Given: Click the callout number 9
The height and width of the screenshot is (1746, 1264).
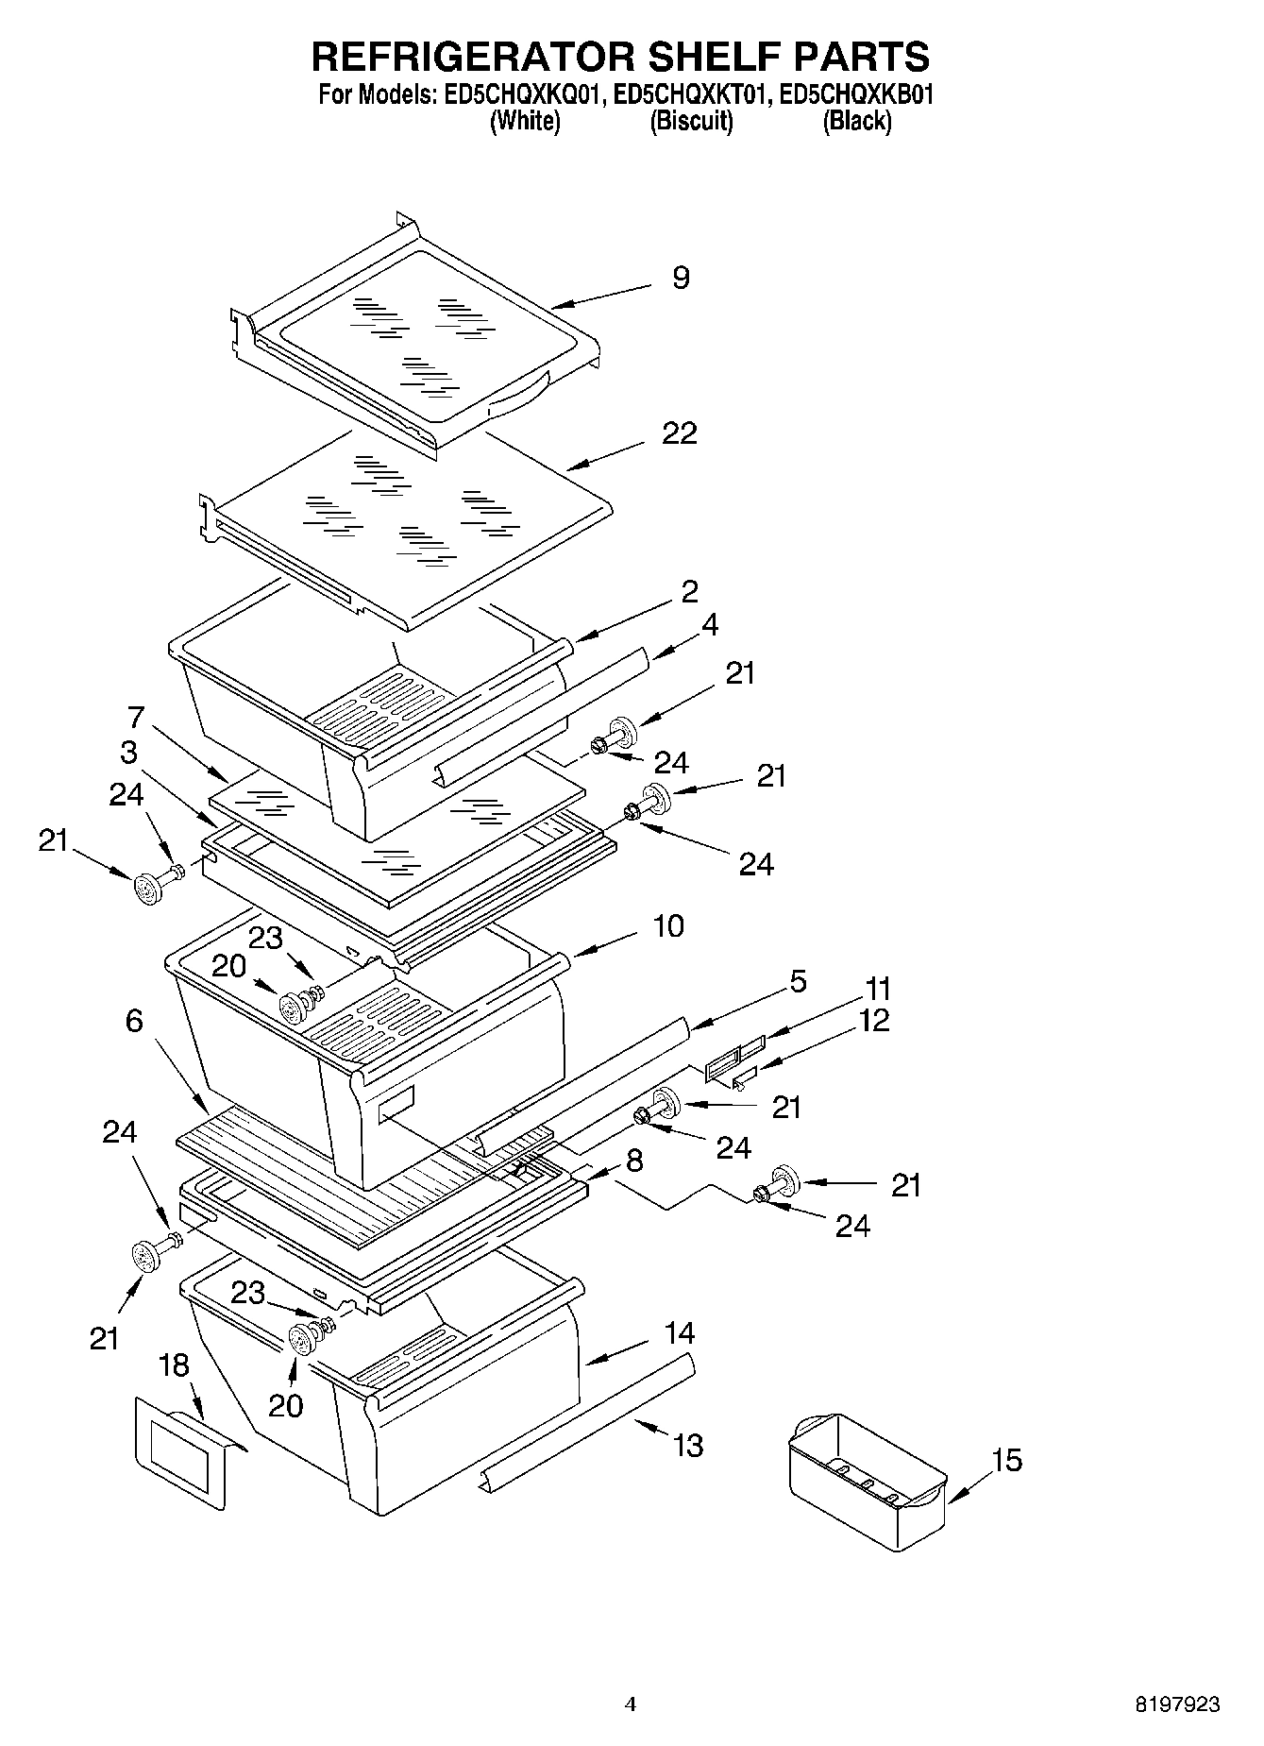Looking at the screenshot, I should [x=681, y=278].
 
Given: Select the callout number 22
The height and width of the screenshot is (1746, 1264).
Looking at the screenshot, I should [x=680, y=433].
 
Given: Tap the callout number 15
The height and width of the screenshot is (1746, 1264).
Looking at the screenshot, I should [x=1006, y=1460].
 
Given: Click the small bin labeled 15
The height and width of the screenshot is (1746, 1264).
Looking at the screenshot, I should [x=865, y=1479].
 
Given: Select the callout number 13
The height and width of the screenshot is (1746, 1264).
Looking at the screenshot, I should [x=688, y=1445].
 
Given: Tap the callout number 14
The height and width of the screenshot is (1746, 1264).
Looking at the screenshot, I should [x=679, y=1333].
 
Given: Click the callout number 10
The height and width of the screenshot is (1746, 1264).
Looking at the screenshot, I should [x=667, y=925].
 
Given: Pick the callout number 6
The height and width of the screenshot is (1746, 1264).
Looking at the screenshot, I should [x=134, y=1020].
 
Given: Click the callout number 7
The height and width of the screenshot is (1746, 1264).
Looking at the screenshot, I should [x=136, y=718].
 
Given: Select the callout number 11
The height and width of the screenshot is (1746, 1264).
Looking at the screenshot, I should [x=878, y=989].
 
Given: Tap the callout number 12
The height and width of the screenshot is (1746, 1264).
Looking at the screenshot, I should [x=874, y=1021].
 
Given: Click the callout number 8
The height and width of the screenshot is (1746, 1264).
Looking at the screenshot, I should [x=634, y=1161].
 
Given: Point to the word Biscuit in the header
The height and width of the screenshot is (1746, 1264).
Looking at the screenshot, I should [x=691, y=121].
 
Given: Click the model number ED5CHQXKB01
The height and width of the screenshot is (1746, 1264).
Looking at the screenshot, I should [x=856, y=94].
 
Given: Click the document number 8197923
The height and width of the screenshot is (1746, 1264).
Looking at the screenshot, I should [x=1176, y=1704].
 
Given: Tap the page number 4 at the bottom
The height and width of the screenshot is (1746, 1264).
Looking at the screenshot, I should [x=631, y=1704].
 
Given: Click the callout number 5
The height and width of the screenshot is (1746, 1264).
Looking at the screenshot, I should [x=798, y=981].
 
